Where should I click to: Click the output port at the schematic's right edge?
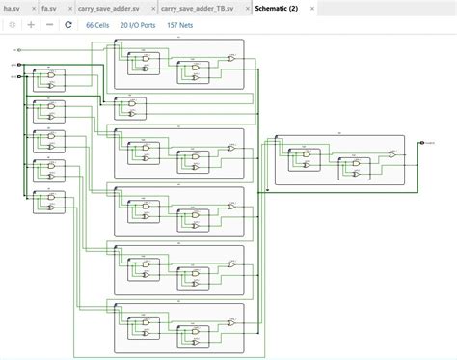pos(421,143)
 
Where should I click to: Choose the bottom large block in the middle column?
pos(179,327)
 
